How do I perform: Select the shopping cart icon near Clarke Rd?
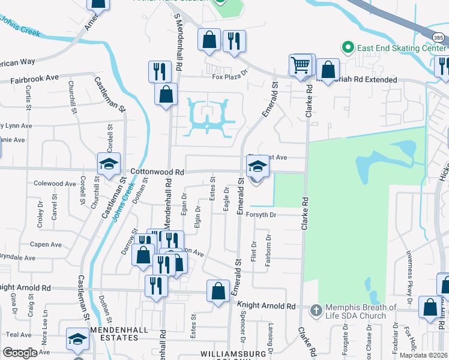(300, 64)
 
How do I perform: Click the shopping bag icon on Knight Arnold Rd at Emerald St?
(218, 290)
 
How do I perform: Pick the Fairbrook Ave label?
(34, 79)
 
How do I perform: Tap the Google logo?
(20, 353)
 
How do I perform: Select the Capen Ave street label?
(46, 245)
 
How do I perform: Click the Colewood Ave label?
(56, 184)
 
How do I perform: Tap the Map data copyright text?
(424, 355)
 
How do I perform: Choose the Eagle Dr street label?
(226, 199)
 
